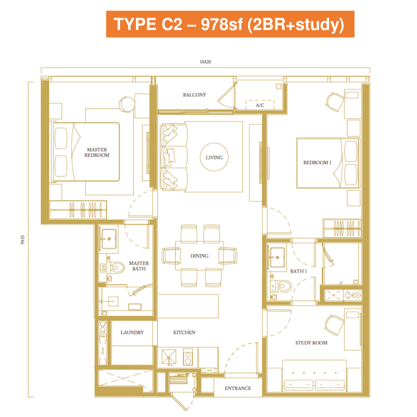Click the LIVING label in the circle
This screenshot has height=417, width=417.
(214, 157)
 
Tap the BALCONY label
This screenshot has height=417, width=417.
(194, 95)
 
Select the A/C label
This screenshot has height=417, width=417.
(260, 105)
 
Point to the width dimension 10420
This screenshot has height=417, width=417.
(205, 62)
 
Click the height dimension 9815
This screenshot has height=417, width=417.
(22, 240)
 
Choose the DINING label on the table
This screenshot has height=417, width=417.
(199, 256)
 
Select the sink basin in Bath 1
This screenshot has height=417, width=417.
(277, 257)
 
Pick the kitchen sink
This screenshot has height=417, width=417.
(169, 357)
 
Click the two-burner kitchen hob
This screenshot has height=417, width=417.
(188, 357)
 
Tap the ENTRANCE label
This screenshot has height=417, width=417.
(238, 388)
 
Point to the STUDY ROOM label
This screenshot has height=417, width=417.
(311, 343)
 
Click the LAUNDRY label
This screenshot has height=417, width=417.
(132, 333)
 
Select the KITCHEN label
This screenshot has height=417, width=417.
(184, 333)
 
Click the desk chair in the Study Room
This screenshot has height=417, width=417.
(334, 325)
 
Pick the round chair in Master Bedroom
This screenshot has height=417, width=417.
(126, 104)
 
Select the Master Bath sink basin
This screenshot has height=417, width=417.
(109, 239)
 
